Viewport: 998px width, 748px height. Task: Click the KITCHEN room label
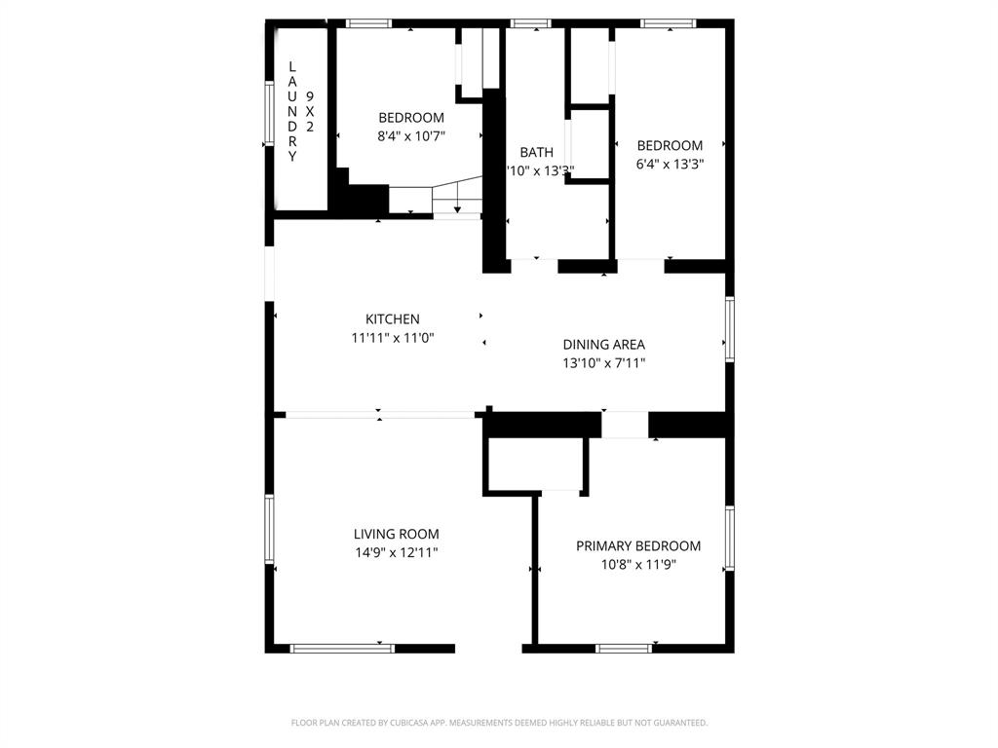pyautogui.click(x=392, y=318)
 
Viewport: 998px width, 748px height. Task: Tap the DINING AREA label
pyautogui.click(x=603, y=344)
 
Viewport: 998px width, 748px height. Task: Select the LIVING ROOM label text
pyautogui.click(x=396, y=534)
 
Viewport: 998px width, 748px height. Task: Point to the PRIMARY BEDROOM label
pyautogui.click(x=637, y=546)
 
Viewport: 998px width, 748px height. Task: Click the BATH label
pyautogui.click(x=536, y=152)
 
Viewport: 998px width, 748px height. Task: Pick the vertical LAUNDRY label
pyautogui.click(x=291, y=111)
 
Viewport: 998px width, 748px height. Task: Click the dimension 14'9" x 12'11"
pyautogui.click(x=396, y=552)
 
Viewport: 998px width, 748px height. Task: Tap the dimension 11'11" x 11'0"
pyautogui.click(x=392, y=338)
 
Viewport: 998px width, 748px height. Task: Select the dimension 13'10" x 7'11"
pyautogui.click(x=603, y=363)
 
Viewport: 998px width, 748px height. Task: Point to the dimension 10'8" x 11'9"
pyautogui.click(x=637, y=564)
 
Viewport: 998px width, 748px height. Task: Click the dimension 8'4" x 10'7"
pyautogui.click(x=410, y=136)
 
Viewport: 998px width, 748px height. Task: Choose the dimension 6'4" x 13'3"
pyautogui.click(x=669, y=165)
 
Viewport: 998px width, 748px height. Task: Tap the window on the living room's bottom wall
pyautogui.click(x=342, y=648)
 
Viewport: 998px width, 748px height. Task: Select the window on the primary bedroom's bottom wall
pyautogui.click(x=624, y=648)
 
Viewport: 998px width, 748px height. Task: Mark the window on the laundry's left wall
pyautogui.click(x=269, y=115)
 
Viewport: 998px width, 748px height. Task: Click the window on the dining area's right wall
pyautogui.click(x=729, y=329)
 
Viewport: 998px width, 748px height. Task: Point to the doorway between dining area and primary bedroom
pyautogui.click(x=625, y=425)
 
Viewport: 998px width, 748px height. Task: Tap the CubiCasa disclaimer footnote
pyautogui.click(x=499, y=723)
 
